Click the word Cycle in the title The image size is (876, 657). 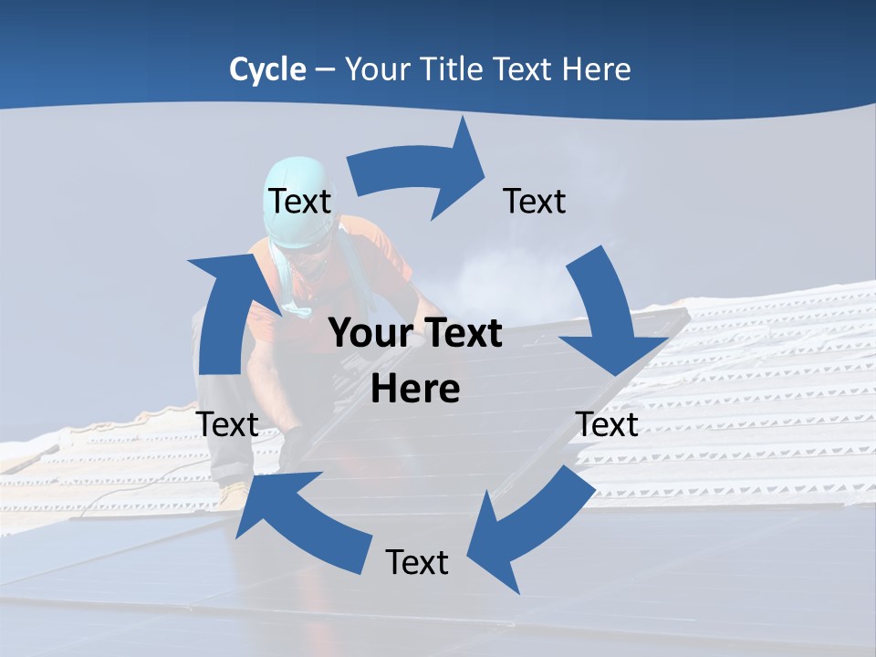267,69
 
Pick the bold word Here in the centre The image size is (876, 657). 415,389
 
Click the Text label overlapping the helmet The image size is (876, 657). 299,201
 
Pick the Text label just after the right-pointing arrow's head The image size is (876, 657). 535,201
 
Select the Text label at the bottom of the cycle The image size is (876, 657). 417,562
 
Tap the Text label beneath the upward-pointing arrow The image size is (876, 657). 227,424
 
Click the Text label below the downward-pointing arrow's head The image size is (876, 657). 608,424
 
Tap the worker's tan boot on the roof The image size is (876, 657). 235,495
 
